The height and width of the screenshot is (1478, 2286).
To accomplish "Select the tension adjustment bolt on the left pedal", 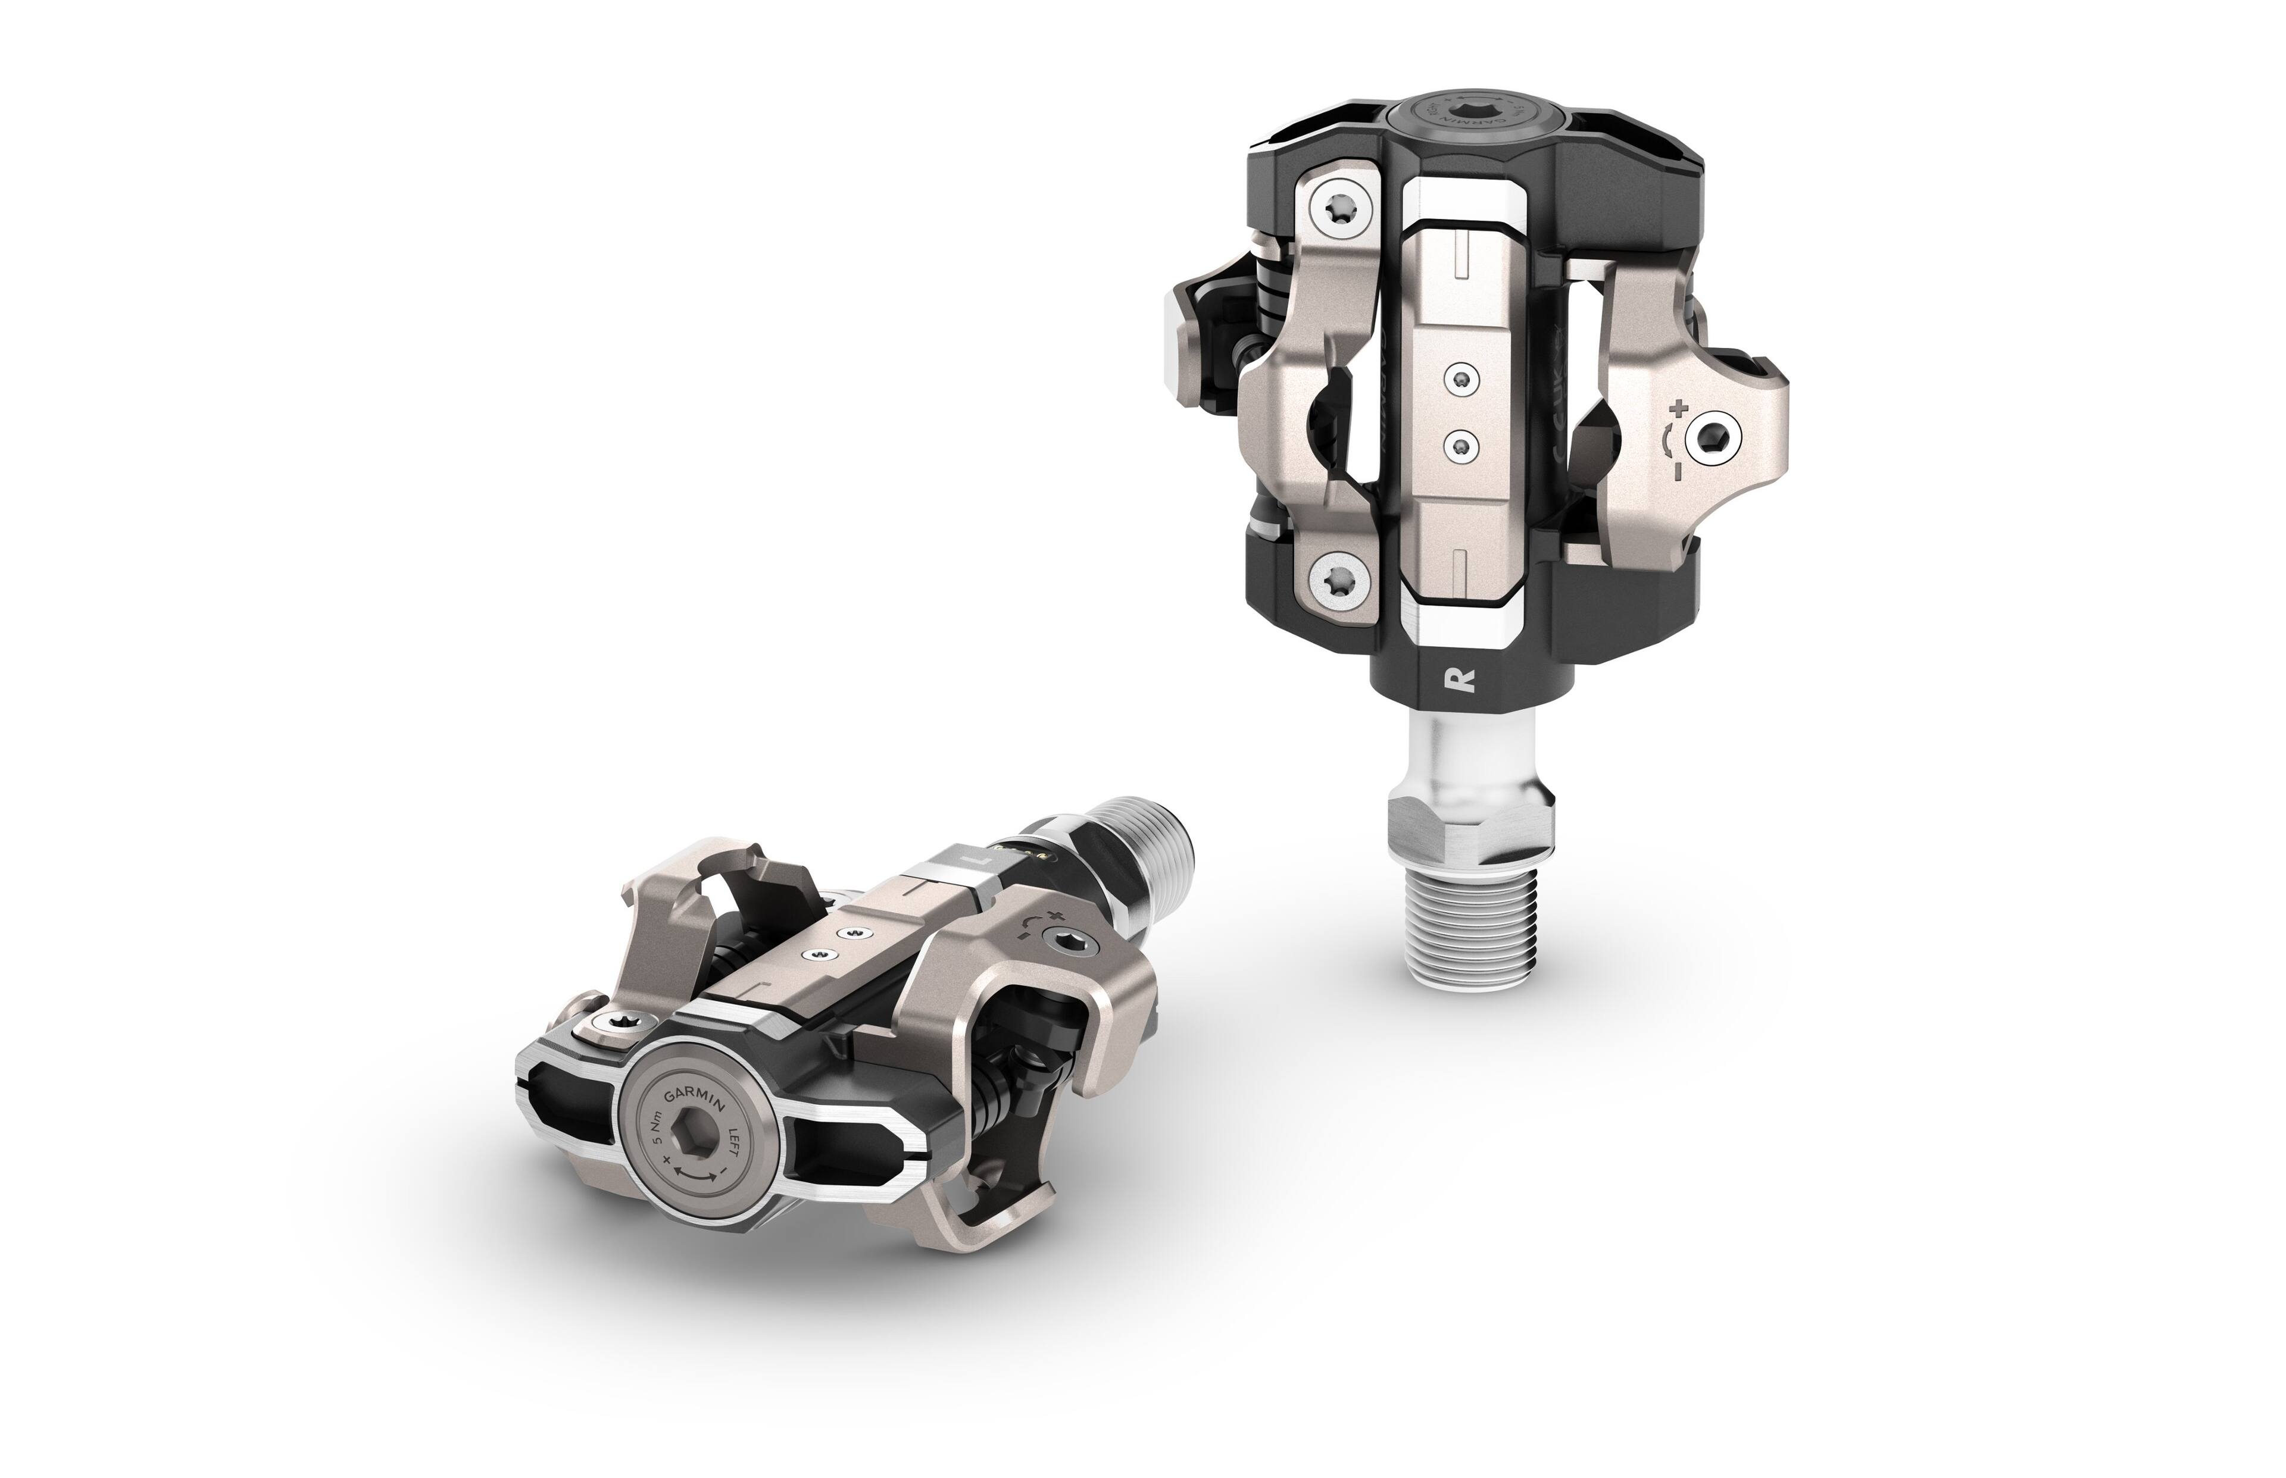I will coord(1067,944).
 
